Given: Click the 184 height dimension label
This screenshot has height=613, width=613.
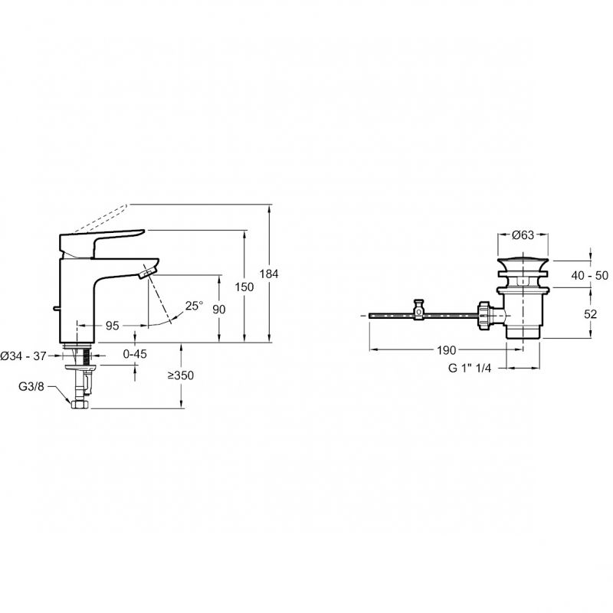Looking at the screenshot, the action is [x=269, y=274].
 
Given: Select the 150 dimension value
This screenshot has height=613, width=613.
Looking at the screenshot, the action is [x=244, y=287].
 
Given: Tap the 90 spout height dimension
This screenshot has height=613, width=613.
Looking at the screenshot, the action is [x=219, y=310].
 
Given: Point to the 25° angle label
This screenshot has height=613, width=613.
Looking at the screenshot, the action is [x=195, y=305].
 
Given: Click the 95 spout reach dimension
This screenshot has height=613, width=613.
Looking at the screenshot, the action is [x=113, y=325].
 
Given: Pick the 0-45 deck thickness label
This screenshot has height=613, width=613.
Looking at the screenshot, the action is [x=135, y=354].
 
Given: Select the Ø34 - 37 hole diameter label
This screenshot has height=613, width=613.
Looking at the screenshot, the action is [x=24, y=356].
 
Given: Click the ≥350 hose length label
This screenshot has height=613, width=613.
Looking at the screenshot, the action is [x=181, y=375].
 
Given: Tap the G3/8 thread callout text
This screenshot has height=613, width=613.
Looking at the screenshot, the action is [x=31, y=387].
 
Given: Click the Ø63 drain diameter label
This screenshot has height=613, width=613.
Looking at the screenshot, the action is [x=523, y=234].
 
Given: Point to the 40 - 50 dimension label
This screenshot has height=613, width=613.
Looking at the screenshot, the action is [x=589, y=275].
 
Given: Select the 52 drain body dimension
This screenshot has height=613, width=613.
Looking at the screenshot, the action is [x=590, y=314].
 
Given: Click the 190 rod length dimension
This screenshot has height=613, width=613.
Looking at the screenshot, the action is [x=447, y=350].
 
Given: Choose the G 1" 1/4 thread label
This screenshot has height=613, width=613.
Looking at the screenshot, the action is [x=470, y=368].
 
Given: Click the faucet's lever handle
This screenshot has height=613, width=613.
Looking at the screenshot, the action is [x=101, y=243].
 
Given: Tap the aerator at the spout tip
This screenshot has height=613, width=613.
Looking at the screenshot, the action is [x=148, y=271].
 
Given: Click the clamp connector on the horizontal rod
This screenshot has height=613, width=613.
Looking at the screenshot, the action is [x=419, y=310].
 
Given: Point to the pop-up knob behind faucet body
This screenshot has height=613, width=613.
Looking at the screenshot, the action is [x=56, y=309].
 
